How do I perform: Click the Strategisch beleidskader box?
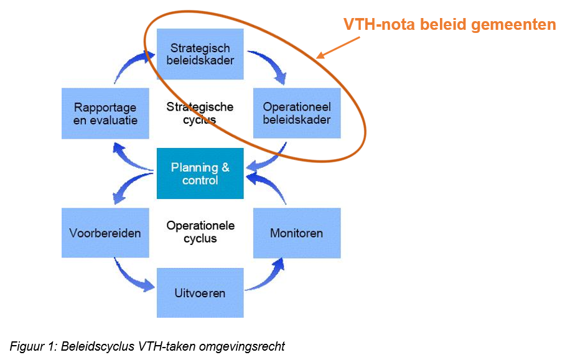(x=200, y=54)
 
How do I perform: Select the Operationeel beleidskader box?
(x=297, y=113)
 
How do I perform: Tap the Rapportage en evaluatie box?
(x=105, y=113)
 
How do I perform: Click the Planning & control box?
(x=200, y=173)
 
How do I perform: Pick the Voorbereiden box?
(x=105, y=233)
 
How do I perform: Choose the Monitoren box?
(x=297, y=233)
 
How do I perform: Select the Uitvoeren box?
(x=200, y=293)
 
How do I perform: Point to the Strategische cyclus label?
(x=200, y=113)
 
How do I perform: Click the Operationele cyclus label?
(x=200, y=232)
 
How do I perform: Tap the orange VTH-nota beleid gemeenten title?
(x=450, y=25)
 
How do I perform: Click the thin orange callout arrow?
(x=338, y=47)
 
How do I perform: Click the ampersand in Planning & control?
(x=226, y=167)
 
